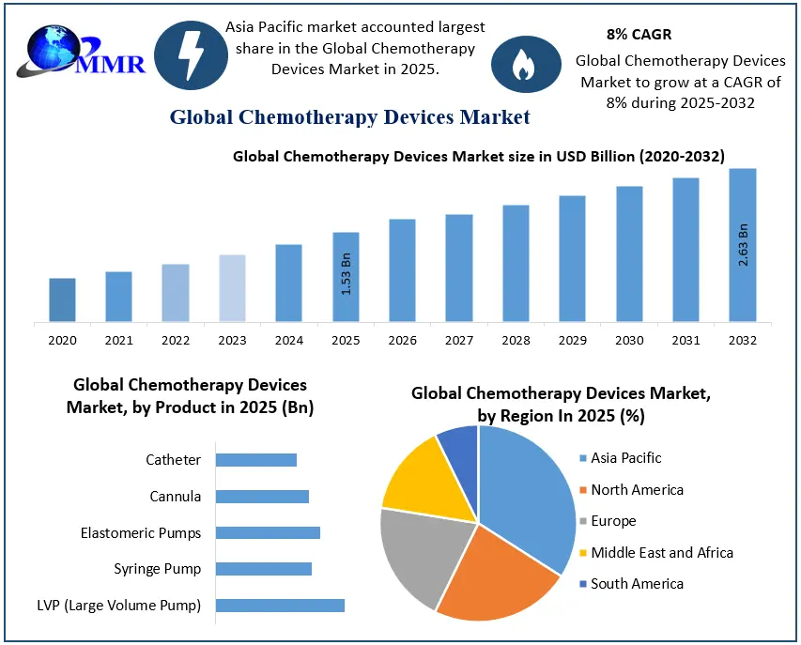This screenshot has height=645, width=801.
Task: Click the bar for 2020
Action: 62,299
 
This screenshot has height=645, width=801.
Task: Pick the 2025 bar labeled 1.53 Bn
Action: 346,277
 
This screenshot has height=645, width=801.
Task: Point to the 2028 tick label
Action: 516,340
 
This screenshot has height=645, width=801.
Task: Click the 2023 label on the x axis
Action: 232,340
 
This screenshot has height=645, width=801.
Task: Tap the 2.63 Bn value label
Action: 744,245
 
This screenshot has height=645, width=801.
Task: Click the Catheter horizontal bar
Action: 256,460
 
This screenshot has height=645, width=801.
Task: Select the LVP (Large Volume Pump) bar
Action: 280,606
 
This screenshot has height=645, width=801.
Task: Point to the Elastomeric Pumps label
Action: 141,533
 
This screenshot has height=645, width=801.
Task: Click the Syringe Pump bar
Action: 264,569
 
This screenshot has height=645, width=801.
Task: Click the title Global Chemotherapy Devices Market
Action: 349,117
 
